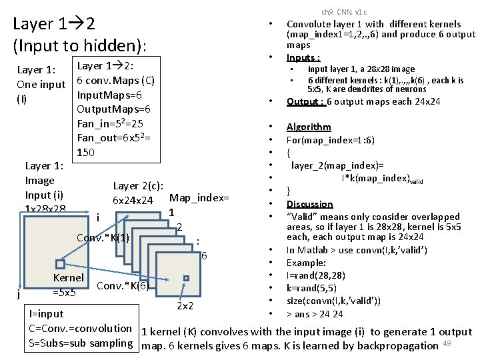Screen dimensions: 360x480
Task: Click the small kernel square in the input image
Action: tap(60, 263)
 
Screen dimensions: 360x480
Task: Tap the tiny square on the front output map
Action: tap(187, 278)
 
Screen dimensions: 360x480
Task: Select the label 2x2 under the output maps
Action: tap(185, 306)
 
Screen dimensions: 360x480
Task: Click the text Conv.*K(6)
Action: tap(123, 286)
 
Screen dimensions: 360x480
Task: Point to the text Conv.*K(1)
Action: tap(103, 237)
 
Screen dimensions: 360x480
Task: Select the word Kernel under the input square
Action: tap(68, 277)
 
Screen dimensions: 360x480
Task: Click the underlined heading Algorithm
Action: tap(308, 127)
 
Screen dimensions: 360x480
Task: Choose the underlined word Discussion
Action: tap(309, 204)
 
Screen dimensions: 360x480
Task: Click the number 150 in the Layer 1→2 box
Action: tap(87, 152)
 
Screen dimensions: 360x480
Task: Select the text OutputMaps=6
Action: tap(114, 109)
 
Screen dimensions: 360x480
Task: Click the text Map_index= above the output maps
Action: tap(199, 198)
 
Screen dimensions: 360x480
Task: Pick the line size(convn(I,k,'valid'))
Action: tap(333, 301)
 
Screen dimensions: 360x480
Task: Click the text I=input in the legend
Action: tap(47, 313)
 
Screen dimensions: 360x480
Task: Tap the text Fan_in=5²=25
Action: tap(111, 123)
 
